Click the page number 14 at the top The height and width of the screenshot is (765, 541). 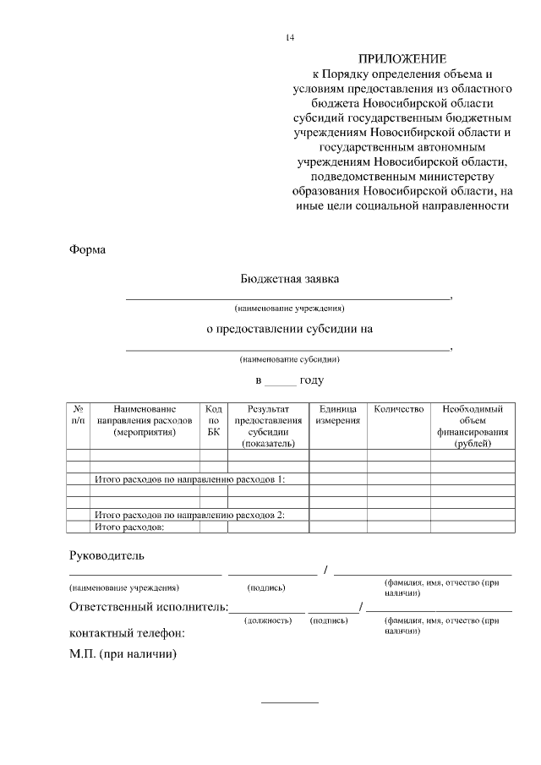point(290,38)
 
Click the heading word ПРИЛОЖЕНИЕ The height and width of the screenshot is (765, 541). point(402,59)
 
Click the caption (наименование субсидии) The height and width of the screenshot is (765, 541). point(289,358)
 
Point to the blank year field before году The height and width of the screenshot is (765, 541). point(281,381)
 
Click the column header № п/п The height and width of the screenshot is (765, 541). point(78,414)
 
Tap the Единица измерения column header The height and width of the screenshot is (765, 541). point(337,414)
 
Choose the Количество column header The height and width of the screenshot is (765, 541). point(398,409)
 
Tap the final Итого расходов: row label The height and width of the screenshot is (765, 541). point(128,527)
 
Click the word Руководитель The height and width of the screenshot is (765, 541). point(107,555)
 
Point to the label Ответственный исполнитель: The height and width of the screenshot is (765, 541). point(148,607)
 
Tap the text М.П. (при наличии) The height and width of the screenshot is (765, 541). point(122,654)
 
